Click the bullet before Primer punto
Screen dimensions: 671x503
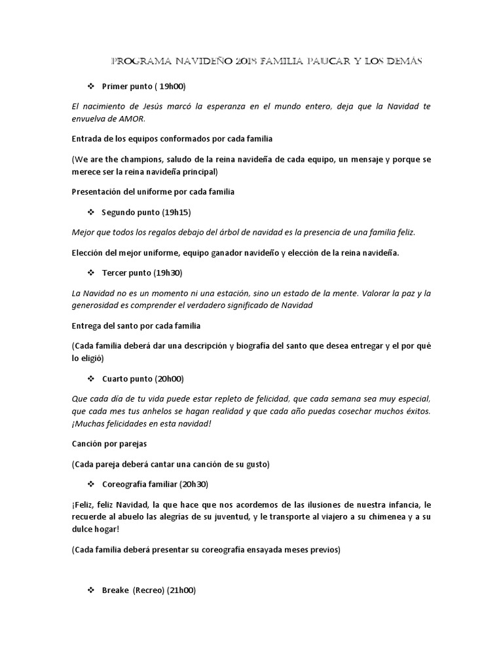(x=91, y=86)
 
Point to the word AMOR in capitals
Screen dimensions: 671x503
(x=130, y=118)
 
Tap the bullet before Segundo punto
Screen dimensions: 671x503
(x=91, y=212)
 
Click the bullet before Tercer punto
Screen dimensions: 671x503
(x=91, y=273)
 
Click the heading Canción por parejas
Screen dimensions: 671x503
(x=109, y=444)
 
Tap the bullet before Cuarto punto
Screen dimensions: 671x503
(x=91, y=379)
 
